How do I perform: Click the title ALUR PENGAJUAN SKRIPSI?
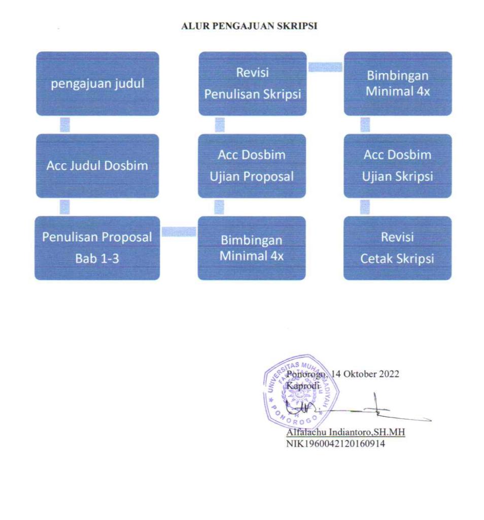tap(249, 26)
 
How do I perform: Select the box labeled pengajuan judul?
tap(97, 84)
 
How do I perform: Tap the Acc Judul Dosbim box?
tap(97, 166)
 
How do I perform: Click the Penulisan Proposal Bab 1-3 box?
tap(97, 248)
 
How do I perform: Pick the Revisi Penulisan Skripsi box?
tap(253, 84)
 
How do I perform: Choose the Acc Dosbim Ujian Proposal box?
tap(252, 166)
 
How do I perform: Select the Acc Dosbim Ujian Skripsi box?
tap(398, 166)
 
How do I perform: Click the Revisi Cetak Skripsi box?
tap(397, 248)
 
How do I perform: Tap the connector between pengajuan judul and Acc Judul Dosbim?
tap(65, 125)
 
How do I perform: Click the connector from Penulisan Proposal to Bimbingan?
tap(179, 232)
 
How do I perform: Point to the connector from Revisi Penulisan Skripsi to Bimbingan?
tap(325, 67)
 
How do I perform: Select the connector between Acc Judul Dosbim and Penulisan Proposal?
tap(64, 207)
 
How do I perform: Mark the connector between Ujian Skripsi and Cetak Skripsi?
tap(365, 207)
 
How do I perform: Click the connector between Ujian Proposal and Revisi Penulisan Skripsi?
tap(220, 125)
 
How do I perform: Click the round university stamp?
tap(301, 392)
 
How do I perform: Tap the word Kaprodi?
tap(303, 386)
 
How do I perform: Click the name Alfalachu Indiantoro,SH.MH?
tap(345, 432)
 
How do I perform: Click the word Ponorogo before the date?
tap(306, 374)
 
